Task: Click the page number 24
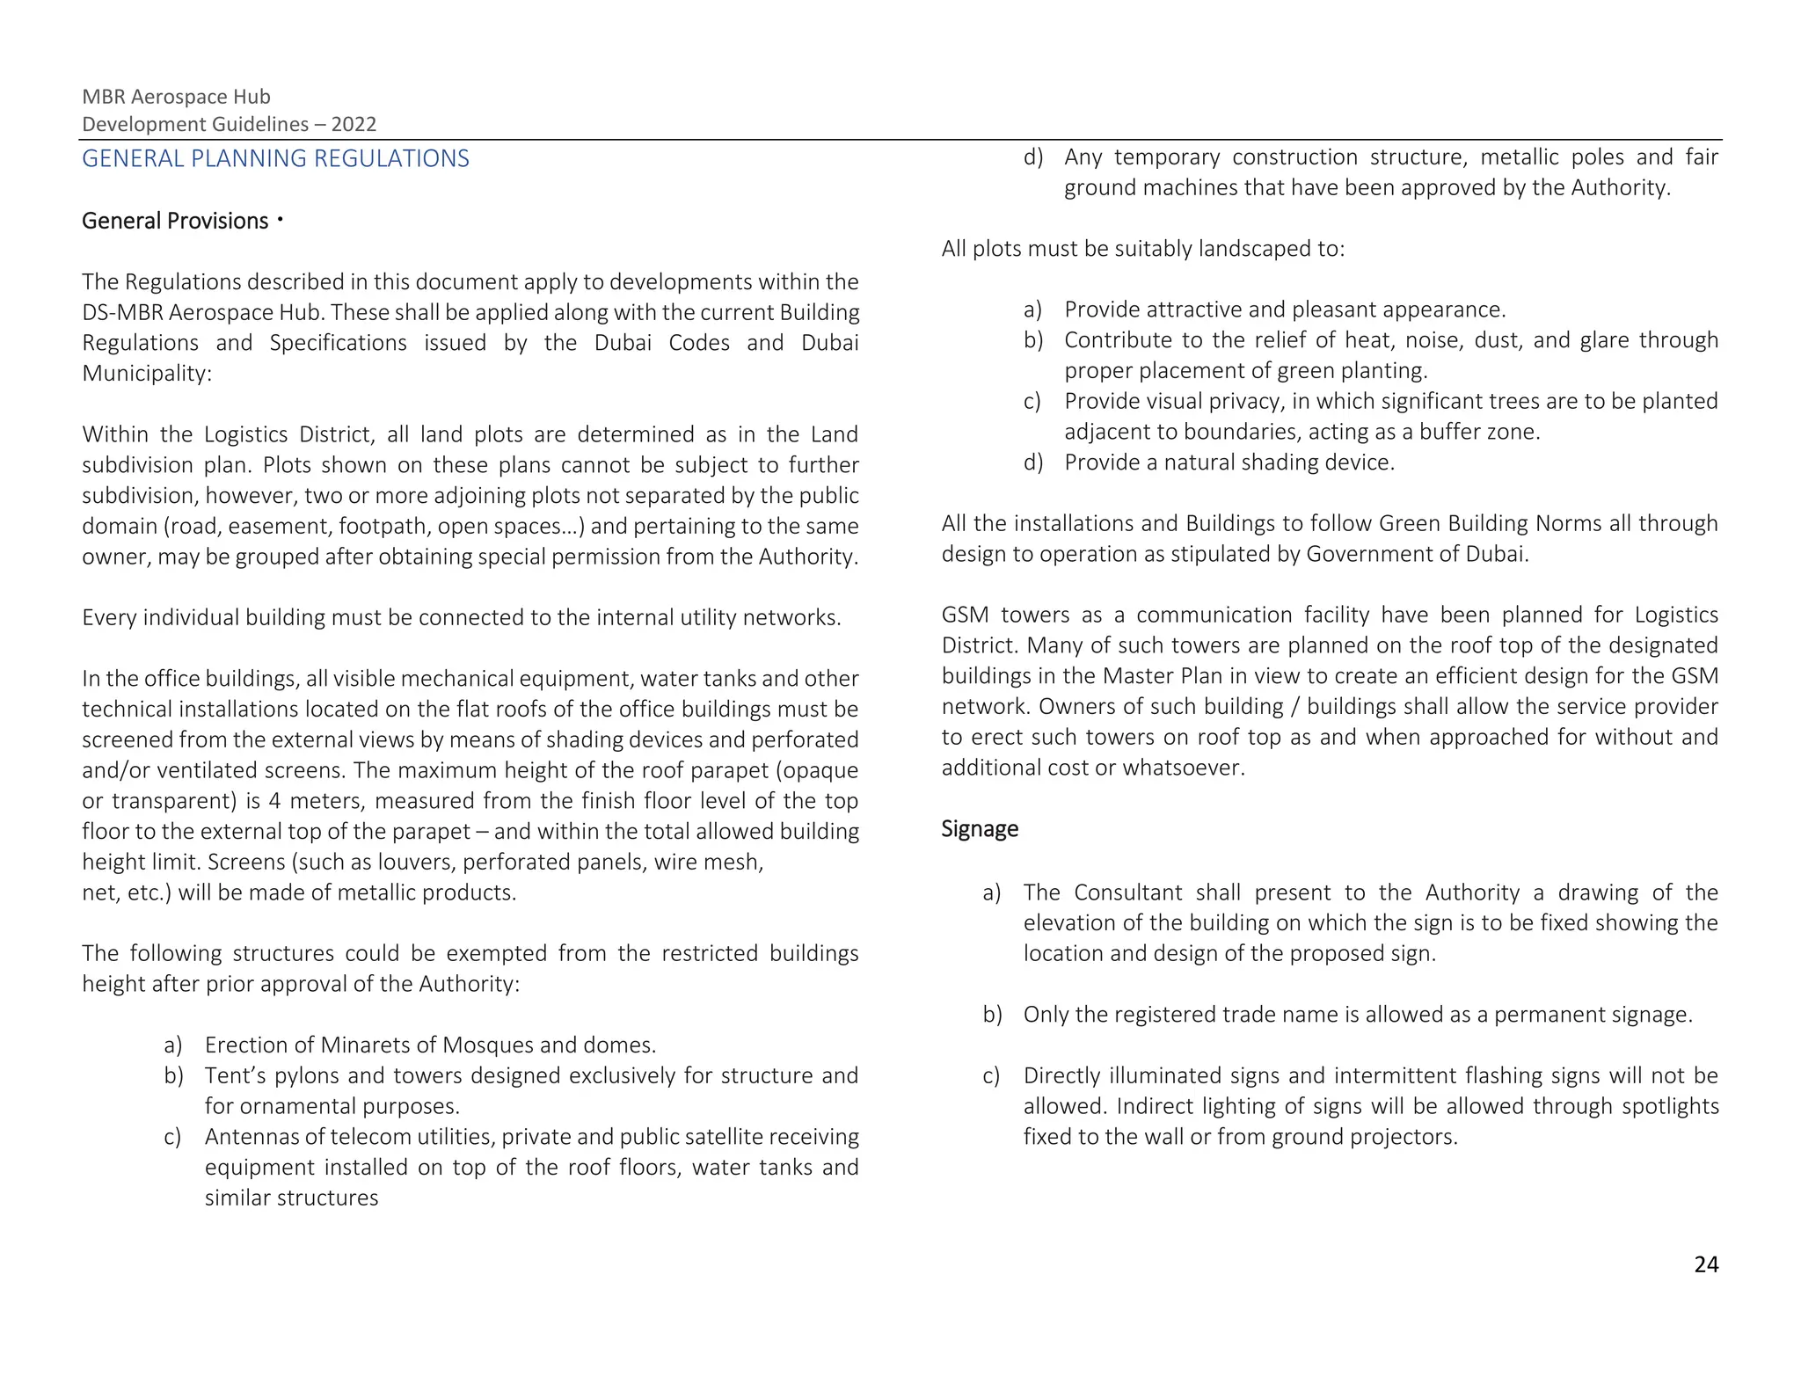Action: tap(1705, 1264)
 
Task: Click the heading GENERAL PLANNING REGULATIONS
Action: tap(275, 158)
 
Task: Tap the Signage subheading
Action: tap(979, 829)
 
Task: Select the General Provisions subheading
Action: tap(175, 221)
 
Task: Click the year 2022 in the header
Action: tap(354, 124)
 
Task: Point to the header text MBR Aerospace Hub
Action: tap(176, 97)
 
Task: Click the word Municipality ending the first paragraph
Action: tap(146, 374)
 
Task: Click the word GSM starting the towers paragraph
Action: tap(965, 615)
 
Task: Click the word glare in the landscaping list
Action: tap(1603, 340)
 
